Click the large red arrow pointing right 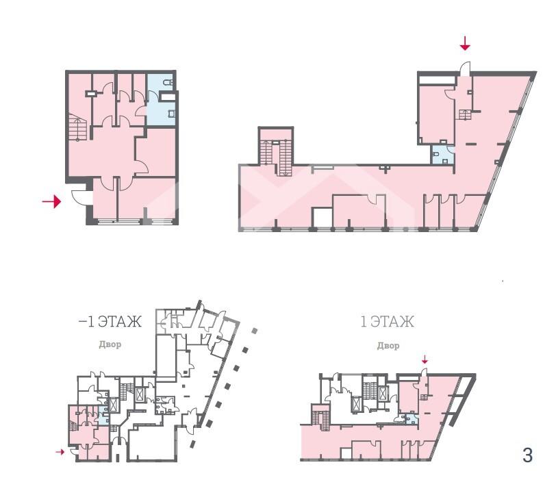(52, 202)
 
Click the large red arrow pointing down (465, 43)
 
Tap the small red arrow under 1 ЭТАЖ (425, 360)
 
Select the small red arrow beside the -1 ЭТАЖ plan (60, 452)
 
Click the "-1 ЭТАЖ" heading (110, 321)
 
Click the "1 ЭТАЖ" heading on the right (387, 321)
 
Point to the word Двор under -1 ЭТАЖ (110, 344)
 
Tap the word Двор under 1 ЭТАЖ (388, 345)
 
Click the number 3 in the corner (528, 455)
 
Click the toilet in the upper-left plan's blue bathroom (168, 83)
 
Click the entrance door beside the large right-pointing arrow (79, 197)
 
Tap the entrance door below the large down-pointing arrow (464, 68)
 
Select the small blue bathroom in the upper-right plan (442, 155)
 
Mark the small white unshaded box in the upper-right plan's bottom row (323, 218)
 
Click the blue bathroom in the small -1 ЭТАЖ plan (103, 416)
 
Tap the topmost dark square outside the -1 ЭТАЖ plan (254, 331)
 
